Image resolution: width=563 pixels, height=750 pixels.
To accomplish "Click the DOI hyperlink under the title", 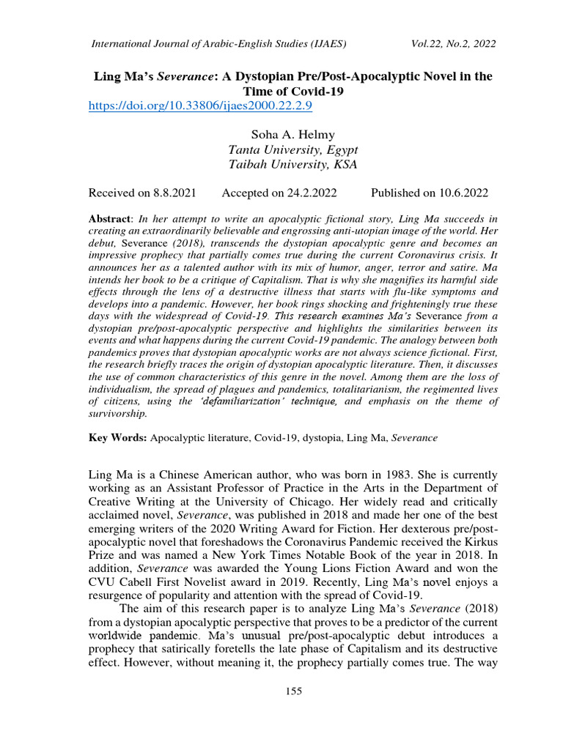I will point(200,106).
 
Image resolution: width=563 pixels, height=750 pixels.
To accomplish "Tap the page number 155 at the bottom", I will point(292,691).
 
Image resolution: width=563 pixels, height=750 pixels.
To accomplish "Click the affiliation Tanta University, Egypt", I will point(292,149).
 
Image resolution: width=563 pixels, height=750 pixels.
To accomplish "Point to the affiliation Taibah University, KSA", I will point(292,164).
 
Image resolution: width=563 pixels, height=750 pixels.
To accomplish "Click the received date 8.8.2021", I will point(174,193).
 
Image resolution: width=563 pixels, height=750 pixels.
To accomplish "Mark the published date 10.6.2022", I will point(462,193).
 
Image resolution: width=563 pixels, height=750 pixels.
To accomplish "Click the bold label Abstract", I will point(108,219).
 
